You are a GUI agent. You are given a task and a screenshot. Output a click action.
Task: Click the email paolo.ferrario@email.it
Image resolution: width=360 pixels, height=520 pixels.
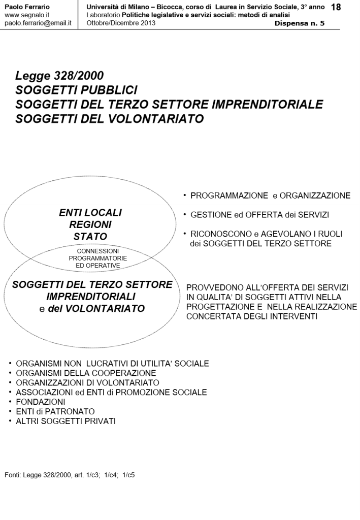point(38,23)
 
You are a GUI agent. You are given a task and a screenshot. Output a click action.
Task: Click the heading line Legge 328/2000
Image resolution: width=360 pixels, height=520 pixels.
point(60,76)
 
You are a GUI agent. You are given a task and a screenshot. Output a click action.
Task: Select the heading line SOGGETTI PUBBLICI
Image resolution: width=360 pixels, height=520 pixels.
point(77,90)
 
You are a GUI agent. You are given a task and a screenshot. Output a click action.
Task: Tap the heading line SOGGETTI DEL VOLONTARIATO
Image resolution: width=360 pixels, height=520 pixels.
point(110,119)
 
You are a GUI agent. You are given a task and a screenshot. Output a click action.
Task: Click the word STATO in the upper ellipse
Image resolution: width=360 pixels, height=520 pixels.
point(90,236)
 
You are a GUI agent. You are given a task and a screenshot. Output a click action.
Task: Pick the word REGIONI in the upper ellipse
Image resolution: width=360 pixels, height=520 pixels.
point(90,224)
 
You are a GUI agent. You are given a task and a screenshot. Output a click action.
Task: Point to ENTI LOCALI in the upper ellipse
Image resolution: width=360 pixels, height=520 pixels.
point(90,212)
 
